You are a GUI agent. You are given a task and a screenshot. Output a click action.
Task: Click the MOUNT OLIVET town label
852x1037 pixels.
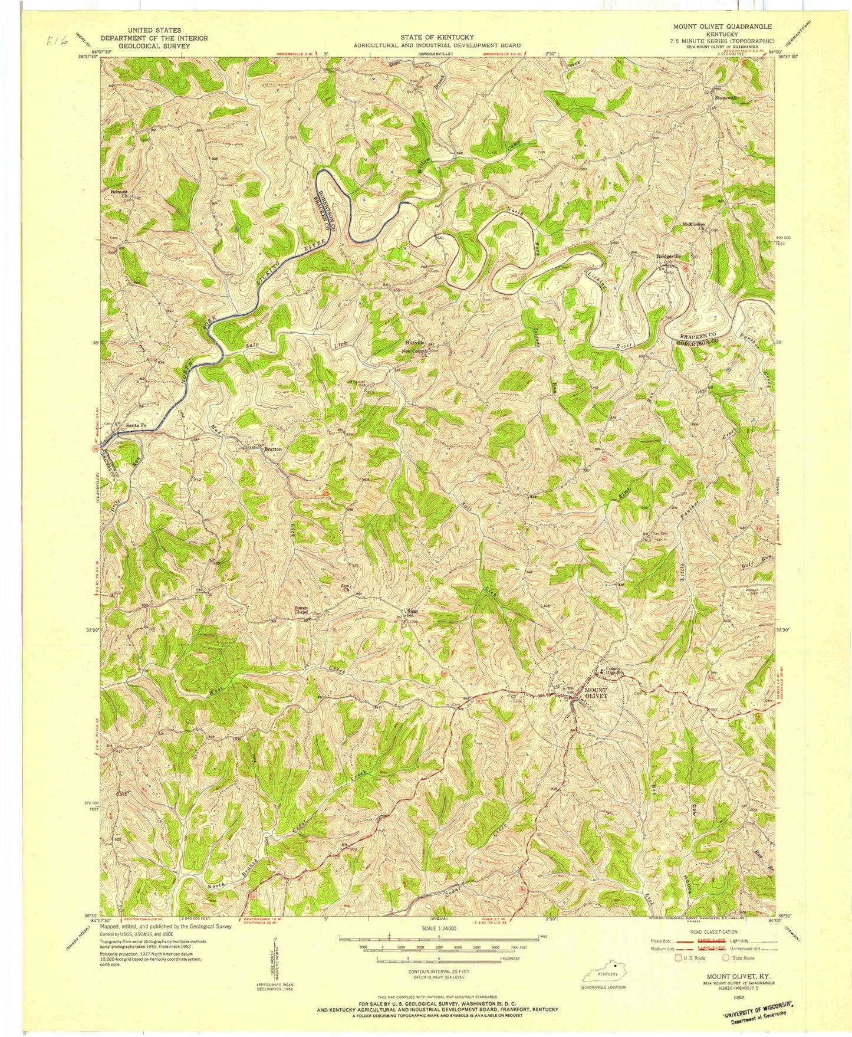click(x=595, y=694)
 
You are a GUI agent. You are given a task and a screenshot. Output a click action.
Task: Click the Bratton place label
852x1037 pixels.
click(x=272, y=449)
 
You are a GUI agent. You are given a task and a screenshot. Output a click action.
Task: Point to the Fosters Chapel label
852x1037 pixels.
click(x=302, y=610)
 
